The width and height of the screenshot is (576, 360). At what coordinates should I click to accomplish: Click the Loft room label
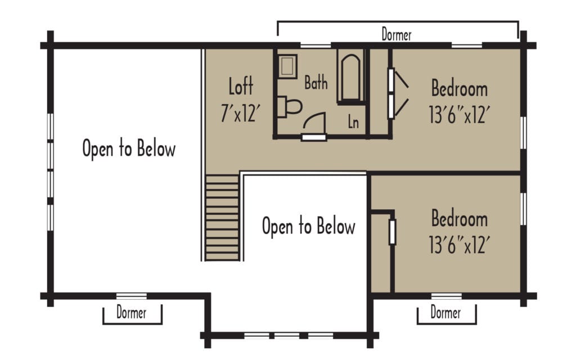tap(241, 87)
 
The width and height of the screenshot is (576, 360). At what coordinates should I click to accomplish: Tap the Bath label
tap(316, 83)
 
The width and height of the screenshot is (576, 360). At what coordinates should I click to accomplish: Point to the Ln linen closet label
tap(353, 122)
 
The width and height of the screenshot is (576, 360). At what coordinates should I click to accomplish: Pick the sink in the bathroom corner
tap(288, 65)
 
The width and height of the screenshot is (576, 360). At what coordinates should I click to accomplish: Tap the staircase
tap(222, 217)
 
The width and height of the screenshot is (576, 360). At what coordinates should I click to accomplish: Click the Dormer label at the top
tap(397, 35)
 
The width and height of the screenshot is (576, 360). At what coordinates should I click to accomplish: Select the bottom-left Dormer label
tap(132, 312)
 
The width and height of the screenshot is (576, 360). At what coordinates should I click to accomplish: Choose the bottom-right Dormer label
tap(445, 312)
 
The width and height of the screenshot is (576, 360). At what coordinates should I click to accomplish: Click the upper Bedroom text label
tap(459, 88)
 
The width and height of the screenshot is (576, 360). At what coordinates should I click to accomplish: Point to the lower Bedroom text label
tap(459, 218)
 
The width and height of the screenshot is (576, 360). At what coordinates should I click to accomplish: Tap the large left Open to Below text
tap(129, 149)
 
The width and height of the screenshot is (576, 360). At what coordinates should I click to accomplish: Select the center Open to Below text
tap(308, 226)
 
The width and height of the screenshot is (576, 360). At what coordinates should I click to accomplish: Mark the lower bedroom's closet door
tap(392, 232)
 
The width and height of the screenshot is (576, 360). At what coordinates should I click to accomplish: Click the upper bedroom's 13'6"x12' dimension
tap(459, 115)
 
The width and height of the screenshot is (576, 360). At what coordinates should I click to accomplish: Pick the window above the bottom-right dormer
tap(447, 295)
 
